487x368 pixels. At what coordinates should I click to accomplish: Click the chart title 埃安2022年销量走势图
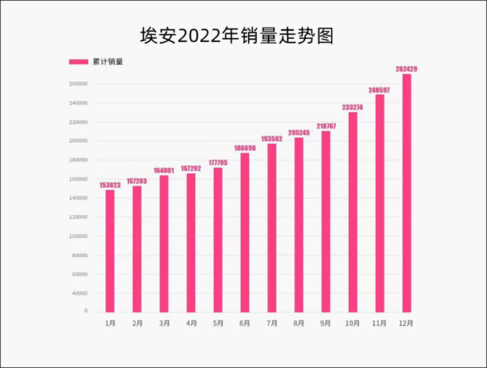(x=237, y=36)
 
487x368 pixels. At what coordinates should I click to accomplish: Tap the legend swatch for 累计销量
(x=79, y=61)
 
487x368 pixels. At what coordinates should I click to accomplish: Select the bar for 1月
(x=110, y=250)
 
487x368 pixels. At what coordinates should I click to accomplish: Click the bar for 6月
(x=245, y=232)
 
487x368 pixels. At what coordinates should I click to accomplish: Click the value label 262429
(x=407, y=69)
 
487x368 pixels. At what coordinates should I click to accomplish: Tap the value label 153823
(x=110, y=185)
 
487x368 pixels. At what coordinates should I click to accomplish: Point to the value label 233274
(x=353, y=107)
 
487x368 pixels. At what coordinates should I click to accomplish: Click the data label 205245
(x=299, y=132)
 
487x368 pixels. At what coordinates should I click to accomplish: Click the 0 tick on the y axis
(x=85, y=311)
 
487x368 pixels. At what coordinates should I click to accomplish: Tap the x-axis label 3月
(x=164, y=323)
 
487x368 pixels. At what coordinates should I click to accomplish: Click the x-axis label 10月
(x=353, y=323)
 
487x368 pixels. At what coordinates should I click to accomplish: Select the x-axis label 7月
(x=272, y=323)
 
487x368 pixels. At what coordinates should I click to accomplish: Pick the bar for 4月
(x=191, y=242)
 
